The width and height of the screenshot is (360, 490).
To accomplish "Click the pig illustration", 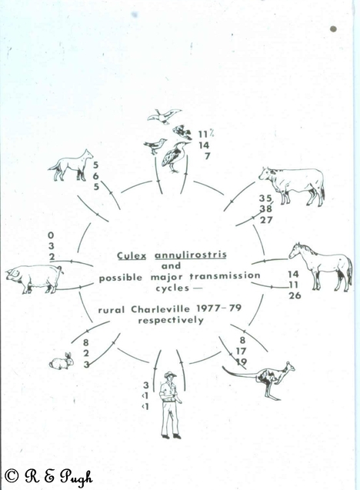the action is coord(34,278).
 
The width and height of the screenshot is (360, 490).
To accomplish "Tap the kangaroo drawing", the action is coord(261,380).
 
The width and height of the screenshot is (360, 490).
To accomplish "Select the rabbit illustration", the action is coord(62,362).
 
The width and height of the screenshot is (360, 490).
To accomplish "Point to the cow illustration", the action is coord(292,185).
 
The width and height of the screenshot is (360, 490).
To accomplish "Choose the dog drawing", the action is coord(71,165).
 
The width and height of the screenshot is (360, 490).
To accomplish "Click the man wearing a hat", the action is coord(171,405).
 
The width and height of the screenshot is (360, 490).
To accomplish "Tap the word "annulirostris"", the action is coord(191,255).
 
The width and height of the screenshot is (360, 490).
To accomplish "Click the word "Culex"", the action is coord(132,256).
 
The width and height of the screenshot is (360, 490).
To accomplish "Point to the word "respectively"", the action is coord(171,320).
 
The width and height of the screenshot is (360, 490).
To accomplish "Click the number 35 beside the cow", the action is coord(265,198).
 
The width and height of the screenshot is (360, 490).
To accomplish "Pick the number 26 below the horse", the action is coord(295,295).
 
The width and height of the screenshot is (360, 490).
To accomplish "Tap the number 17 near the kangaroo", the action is coord(242,352).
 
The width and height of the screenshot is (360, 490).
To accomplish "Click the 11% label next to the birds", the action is coord(206,134).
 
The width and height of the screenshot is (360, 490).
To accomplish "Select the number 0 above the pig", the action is coord(51,235).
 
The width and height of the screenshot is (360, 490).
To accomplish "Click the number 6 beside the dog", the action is coord(95,176).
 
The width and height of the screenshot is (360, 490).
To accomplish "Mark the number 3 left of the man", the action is coord(145,385).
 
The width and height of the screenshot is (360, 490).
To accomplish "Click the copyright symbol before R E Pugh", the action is coord(12,475).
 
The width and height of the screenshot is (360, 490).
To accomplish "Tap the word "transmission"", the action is coord(225,277).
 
